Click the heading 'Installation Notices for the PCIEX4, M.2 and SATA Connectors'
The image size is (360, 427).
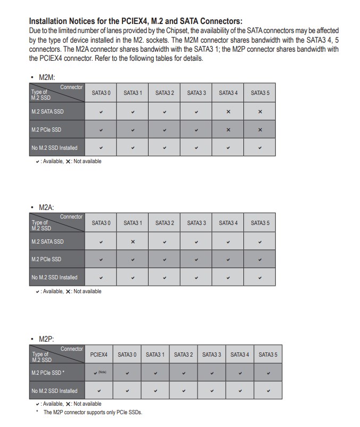(136, 21)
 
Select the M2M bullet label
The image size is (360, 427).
(47, 78)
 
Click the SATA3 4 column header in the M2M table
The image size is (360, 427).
(228, 93)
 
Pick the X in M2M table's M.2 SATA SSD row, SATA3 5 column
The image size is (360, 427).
(260, 112)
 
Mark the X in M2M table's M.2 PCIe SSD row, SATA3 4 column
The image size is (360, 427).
(228, 130)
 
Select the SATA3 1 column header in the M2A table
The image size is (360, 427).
(133, 223)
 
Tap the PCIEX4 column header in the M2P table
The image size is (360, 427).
(99, 355)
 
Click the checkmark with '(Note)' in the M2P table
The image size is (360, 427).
(99, 373)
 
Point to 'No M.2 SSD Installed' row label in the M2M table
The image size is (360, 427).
(54, 148)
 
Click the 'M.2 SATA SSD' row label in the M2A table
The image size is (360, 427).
(47, 241)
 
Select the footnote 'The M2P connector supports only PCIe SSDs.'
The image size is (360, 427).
(93, 412)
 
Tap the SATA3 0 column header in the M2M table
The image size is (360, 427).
(101, 93)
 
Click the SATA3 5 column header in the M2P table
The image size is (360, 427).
(268, 355)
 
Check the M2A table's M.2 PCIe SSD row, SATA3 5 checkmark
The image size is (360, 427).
(260, 260)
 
